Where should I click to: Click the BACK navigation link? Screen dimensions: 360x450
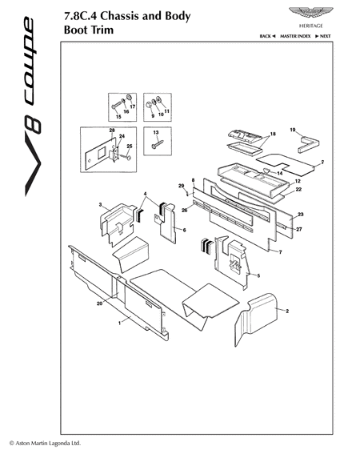pos(267,36)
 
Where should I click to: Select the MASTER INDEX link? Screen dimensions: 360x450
pos(295,36)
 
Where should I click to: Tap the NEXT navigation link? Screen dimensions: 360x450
pos(322,36)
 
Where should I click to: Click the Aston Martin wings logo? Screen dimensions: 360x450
pos(310,13)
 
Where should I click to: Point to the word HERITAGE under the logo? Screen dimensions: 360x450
pos(310,26)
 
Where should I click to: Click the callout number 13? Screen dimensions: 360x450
pos(156,133)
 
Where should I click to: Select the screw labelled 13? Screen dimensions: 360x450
pos(157,145)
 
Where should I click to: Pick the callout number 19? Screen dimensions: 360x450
pos(292,130)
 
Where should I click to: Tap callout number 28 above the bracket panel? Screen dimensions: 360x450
pos(112,131)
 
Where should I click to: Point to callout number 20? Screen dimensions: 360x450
pos(99,303)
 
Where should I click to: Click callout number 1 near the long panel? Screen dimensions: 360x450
pos(119,323)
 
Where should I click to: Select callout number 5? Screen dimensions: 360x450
pos(258,275)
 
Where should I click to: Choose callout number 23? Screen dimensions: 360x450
pos(301,215)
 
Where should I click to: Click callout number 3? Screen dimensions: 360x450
pos(100,205)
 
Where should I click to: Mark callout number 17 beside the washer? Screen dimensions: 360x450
pos(133,106)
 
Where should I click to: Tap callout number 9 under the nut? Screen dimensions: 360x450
pos(153,116)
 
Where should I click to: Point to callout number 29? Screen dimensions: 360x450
pos(181,186)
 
